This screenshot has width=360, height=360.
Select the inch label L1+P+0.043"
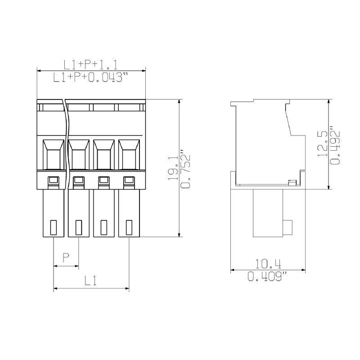click(x=88, y=77)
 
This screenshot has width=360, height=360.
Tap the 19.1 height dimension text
click(x=173, y=168)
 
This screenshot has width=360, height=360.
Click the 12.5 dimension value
click(x=322, y=144)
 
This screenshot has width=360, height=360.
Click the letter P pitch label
click(x=66, y=258)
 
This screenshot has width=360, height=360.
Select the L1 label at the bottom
click(x=91, y=281)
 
